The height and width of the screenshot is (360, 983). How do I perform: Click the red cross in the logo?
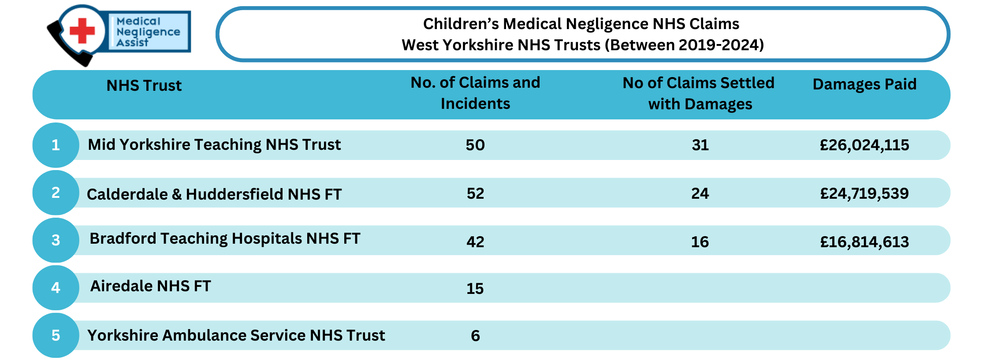[x=82, y=31]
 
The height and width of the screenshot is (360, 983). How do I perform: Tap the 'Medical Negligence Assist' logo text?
[x=148, y=32]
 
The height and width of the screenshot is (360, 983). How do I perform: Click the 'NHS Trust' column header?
[x=144, y=85]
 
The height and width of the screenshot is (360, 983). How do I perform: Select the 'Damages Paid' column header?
[x=864, y=84]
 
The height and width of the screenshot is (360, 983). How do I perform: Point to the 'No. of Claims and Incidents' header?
[x=475, y=93]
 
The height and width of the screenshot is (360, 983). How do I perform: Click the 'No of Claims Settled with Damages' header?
[x=699, y=93]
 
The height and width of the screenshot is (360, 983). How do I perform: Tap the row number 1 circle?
[x=56, y=145]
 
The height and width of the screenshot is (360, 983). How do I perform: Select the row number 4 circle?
[x=56, y=288]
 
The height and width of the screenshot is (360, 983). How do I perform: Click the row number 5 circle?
[x=56, y=335]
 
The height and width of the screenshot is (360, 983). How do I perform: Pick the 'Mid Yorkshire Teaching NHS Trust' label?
[x=214, y=145]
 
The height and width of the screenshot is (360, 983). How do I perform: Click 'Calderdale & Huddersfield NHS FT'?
[x=214, y=194]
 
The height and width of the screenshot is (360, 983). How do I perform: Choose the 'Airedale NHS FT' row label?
[x=151, y=286]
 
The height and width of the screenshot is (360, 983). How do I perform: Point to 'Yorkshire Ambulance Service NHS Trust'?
[x=236, y=335]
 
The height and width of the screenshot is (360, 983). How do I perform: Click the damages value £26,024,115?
[x=864, y=145]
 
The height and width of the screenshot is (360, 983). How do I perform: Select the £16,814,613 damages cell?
[x=864, y=242]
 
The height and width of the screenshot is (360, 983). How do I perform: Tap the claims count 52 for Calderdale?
[x=476, y=193]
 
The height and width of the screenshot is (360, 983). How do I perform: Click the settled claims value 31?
[x=700, y=145]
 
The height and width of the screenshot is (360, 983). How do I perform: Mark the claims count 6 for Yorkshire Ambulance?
[x=476, y=336]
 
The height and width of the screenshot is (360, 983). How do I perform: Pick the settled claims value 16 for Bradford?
[x=700, y=242]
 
